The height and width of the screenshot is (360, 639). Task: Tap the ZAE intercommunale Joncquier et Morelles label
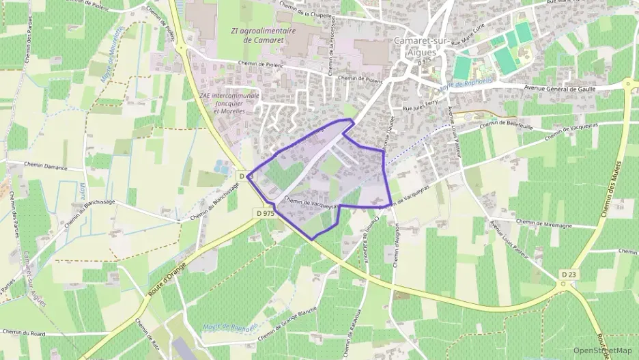point(229,103)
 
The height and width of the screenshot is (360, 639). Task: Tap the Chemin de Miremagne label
point(543,223)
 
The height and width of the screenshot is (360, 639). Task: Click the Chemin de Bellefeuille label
point(507,122)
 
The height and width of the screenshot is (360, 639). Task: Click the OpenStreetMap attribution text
point(603,350)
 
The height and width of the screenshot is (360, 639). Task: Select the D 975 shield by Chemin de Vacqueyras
point(266,213)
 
